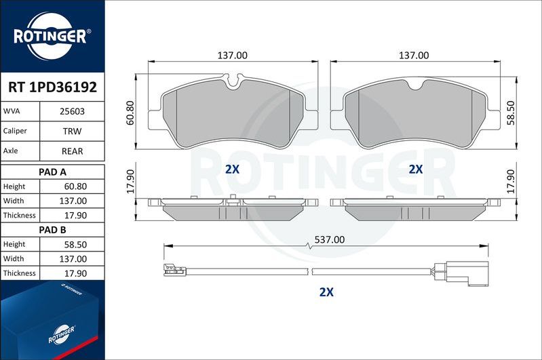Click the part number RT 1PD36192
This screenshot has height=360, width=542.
[x=52, y=87]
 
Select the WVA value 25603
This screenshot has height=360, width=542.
[x=72, y=111]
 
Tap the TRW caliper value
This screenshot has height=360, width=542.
[x=72, y=131]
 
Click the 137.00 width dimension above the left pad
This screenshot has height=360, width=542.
[x=233, y=55]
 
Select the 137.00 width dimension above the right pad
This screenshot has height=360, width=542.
[x=414, y=55]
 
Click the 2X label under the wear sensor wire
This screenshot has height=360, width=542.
[x=327, y=293]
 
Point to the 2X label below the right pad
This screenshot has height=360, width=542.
[x=416, y=169]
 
